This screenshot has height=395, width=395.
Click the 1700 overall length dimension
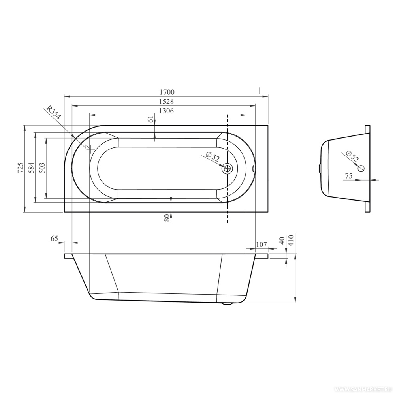click(x=167, y=92)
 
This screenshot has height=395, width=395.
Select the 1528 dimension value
click(x=167, y=101)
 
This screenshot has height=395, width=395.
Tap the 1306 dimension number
click(x=167, y=111)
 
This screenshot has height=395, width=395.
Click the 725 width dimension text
click(x=21, y=168)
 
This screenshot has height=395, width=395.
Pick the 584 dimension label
click(x=32, y=168)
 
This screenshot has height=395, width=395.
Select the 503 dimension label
click(x=42, y=168)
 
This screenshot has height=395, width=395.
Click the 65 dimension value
click(x=55, y=238)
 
